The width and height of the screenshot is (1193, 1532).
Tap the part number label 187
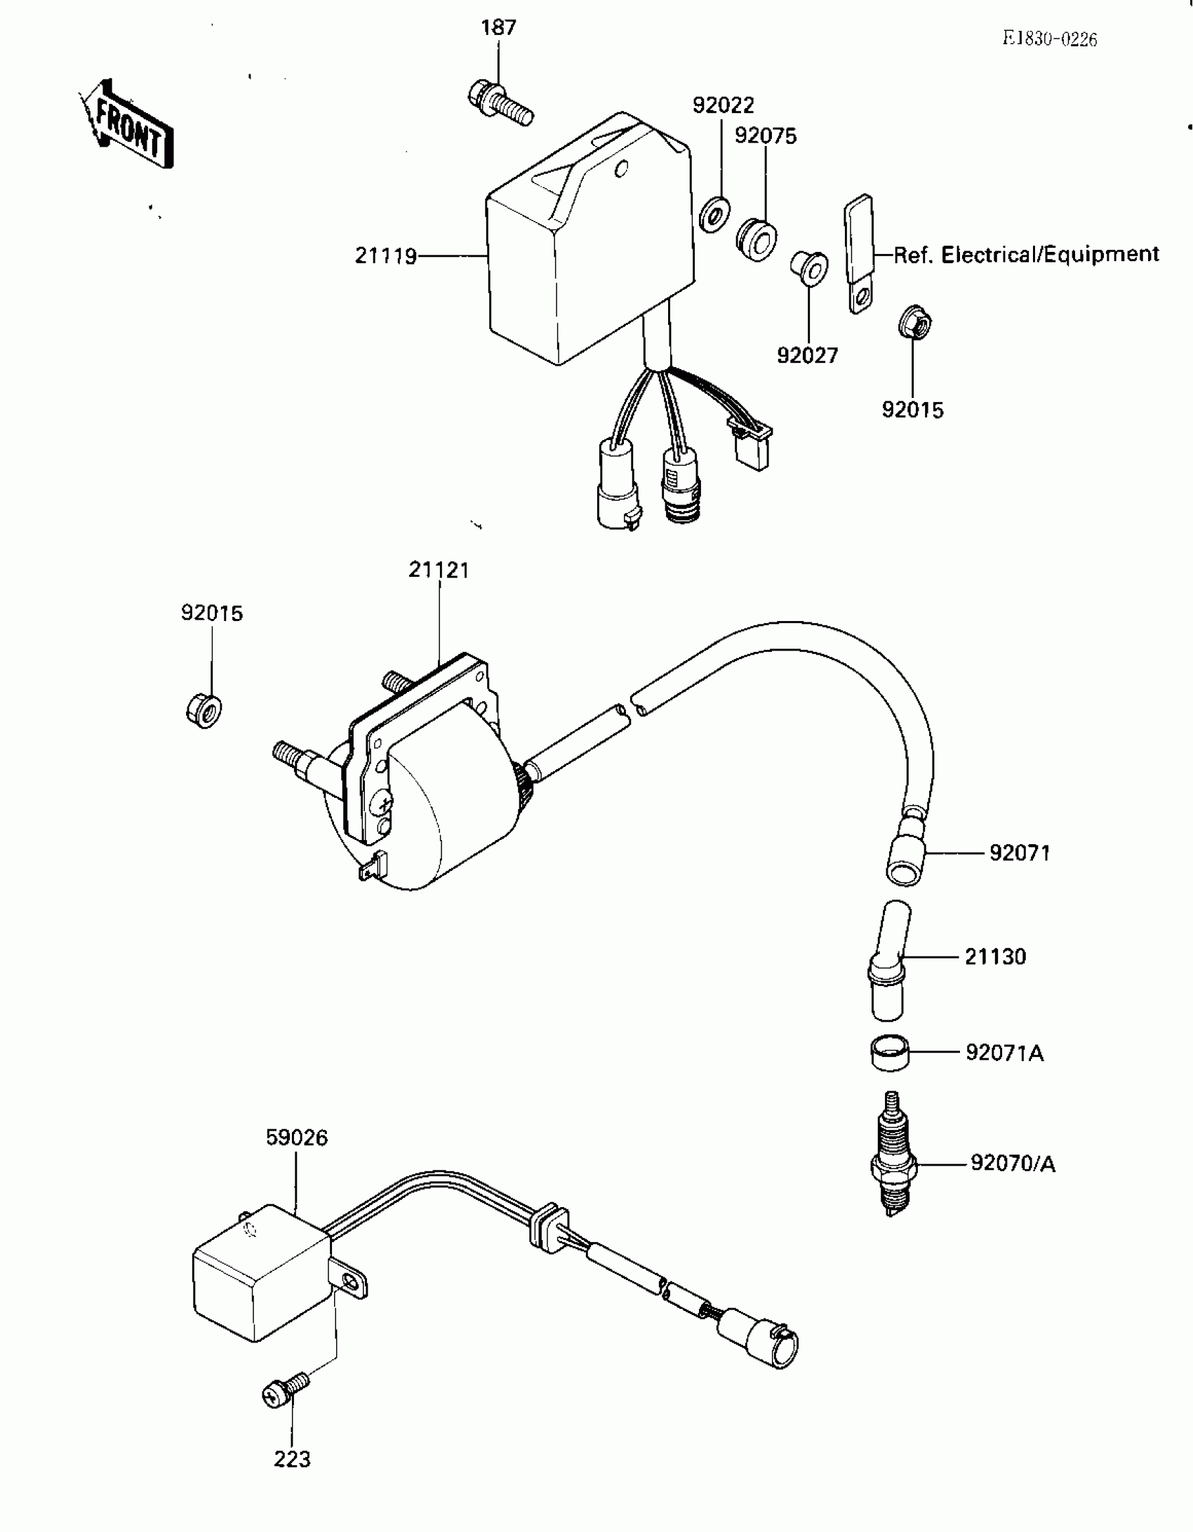498,28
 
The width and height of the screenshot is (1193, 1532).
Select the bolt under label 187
499,104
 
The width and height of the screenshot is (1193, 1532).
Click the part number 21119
385,256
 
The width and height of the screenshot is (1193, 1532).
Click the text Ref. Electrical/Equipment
1026,254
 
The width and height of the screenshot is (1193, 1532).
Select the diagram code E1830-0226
1049,39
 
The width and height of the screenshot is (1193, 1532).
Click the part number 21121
439,570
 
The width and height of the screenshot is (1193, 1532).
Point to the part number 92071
1020,853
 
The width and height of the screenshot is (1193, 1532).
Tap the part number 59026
296,1138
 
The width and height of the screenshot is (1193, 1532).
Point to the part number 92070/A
1013,1164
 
